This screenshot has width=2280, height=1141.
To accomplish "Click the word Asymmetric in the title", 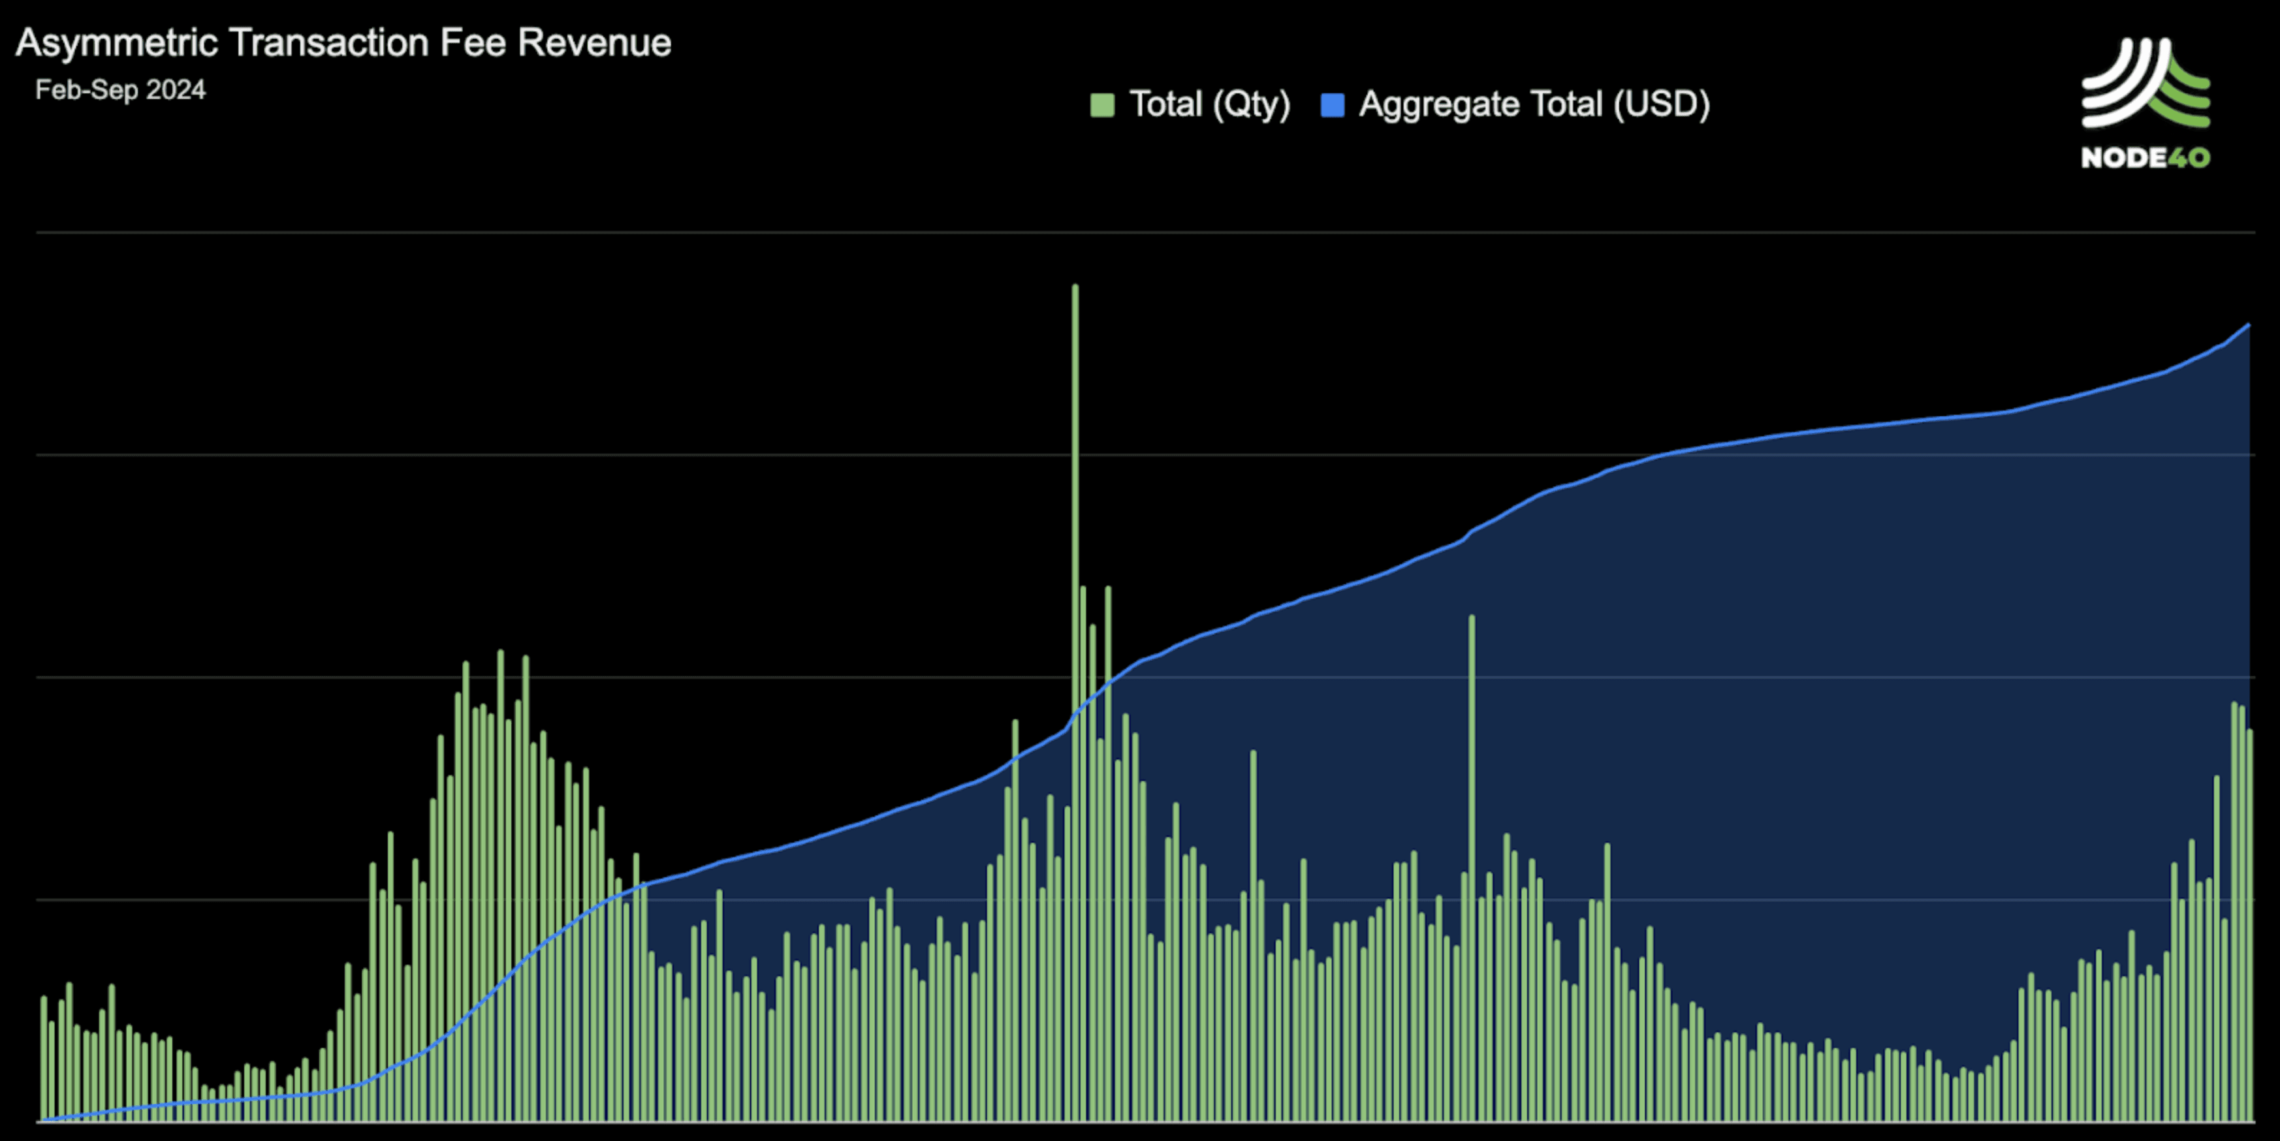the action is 117,43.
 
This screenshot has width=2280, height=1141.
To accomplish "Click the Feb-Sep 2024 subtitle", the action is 120,89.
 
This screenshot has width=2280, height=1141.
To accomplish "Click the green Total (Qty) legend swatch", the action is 1102,105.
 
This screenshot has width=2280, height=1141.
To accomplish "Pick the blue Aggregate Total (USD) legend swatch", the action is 1332,105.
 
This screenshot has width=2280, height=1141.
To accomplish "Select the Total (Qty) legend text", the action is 1210,104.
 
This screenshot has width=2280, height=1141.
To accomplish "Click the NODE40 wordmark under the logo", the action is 2145,157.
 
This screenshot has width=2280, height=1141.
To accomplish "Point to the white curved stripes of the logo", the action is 2120,84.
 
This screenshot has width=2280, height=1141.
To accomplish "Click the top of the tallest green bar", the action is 1075,286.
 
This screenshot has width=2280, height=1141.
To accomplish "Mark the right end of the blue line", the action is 2248,326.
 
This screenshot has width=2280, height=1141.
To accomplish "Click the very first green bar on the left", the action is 43,1059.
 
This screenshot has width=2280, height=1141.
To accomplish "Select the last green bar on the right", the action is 2249,925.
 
